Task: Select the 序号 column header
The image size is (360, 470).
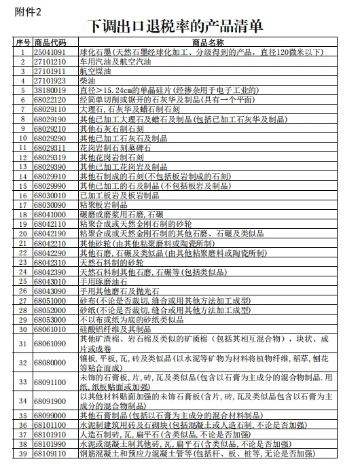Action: (x=22, y=42)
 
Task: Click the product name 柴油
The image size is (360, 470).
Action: (x=88, y=80)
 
